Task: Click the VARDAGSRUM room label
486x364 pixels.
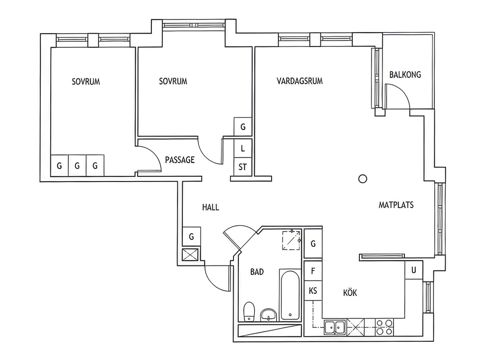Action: coord(300,81)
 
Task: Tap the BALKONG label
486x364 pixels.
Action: coord(405,74)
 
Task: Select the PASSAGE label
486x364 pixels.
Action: coord(180,160)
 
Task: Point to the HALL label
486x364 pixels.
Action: coord(210,207)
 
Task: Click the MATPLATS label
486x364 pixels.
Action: coord(396,205)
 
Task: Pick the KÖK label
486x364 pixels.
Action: coord(350,292)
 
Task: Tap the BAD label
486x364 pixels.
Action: coord(257,272)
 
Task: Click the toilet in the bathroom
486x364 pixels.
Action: coord(249,312)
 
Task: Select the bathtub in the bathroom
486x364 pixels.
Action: coord(290,295)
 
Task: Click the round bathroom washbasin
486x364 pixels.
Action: coord(269,315)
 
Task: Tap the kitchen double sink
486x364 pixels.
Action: coord(335,328)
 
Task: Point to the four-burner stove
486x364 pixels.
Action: coord(384,328)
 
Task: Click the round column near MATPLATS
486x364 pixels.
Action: coord(363,179)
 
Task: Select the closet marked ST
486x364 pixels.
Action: coord(243,167)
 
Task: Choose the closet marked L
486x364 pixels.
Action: coord(243,148)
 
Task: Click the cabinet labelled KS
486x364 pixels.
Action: coord(313,291)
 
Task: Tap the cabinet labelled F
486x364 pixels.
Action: coord(313,271)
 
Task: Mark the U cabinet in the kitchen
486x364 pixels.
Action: coord(414,270)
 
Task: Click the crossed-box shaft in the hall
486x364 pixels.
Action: coord(190,255)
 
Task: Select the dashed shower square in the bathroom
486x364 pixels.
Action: coord(291,240)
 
